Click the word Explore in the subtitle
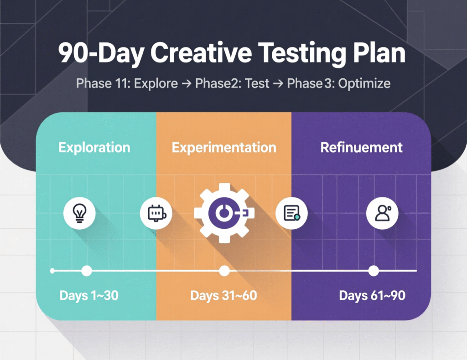click(x=156, y=84)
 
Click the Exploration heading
click(x=94, y=148)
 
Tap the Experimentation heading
click(x=224, y=148)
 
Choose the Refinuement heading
click(x=361, y=148)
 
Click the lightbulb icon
click(x=79, y=212)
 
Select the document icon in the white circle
click(x=291, y=212)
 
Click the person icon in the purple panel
click(x=382, y=212)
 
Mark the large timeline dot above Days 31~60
click(x=224, y=271)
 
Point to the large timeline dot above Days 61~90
click(x=374, y=271)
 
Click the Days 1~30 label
click(x=89, y=296)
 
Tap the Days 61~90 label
click(x=372, y=296)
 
